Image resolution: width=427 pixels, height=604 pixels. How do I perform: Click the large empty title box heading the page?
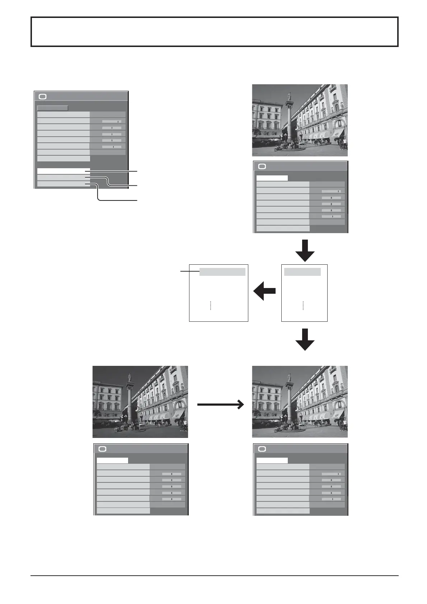215,32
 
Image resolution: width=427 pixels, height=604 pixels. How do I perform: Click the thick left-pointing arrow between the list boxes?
265,291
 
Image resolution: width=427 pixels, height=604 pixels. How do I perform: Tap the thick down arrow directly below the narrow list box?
305,339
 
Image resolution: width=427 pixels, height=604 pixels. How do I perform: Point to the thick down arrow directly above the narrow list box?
305,250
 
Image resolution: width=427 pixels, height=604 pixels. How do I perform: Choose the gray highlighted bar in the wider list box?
222,272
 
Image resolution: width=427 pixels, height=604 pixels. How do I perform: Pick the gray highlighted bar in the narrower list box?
302,272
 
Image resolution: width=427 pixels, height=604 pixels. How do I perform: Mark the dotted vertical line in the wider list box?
211,305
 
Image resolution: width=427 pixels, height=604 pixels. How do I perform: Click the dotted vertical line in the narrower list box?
303,305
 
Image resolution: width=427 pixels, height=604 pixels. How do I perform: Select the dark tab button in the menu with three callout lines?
52,108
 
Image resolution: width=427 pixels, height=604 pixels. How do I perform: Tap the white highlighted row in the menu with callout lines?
63,171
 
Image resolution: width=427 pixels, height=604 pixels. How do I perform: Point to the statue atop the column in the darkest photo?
129,377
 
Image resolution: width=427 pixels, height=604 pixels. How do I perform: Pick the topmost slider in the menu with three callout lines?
112,121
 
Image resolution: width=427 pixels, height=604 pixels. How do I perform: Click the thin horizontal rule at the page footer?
215,576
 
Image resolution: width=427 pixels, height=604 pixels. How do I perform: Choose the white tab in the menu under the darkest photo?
112,460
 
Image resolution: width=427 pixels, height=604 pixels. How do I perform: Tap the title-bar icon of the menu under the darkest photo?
102,449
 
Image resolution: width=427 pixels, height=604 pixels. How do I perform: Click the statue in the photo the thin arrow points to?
289,377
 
